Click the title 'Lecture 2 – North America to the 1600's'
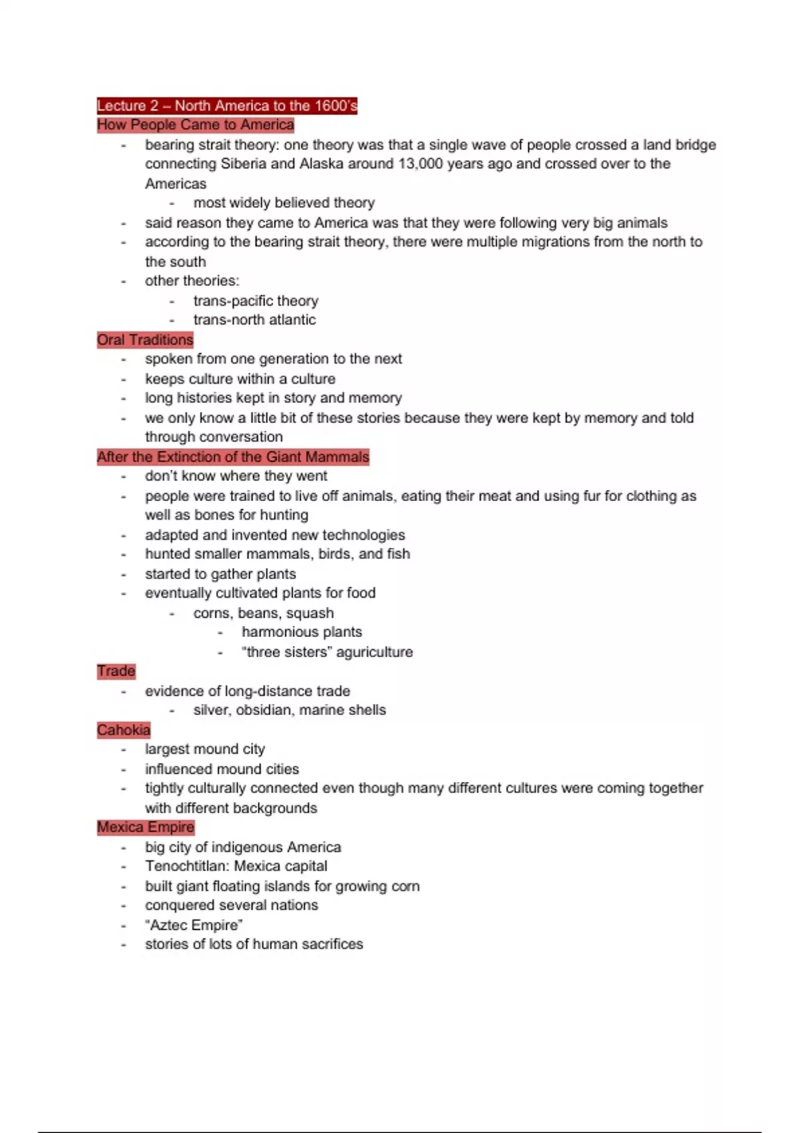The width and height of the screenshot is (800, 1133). click(x=227, y=105)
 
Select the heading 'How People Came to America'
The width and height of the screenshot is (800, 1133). click(x=195, y=125)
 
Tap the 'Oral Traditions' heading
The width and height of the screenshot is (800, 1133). click(x=145, y=340)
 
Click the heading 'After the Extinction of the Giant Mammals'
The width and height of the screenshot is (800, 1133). click(x=233, y=457)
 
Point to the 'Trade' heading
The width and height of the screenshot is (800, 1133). click(x=116, y=671)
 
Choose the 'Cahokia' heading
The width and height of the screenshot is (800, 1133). click(x=123, y=730)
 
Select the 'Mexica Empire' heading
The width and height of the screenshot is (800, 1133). click(x=145, y=827)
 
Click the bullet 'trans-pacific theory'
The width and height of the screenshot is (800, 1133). click(x=255, y=301)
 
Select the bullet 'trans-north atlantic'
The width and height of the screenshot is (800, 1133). click(x=254, y=320)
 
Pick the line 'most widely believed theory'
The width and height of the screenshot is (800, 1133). click(x=284, y=203)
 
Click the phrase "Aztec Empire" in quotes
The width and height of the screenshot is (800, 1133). click(x=193, y=925)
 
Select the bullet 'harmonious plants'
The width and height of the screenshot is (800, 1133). click(x=301, y=632)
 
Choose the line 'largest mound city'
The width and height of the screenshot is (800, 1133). click(x=205, y=749)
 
